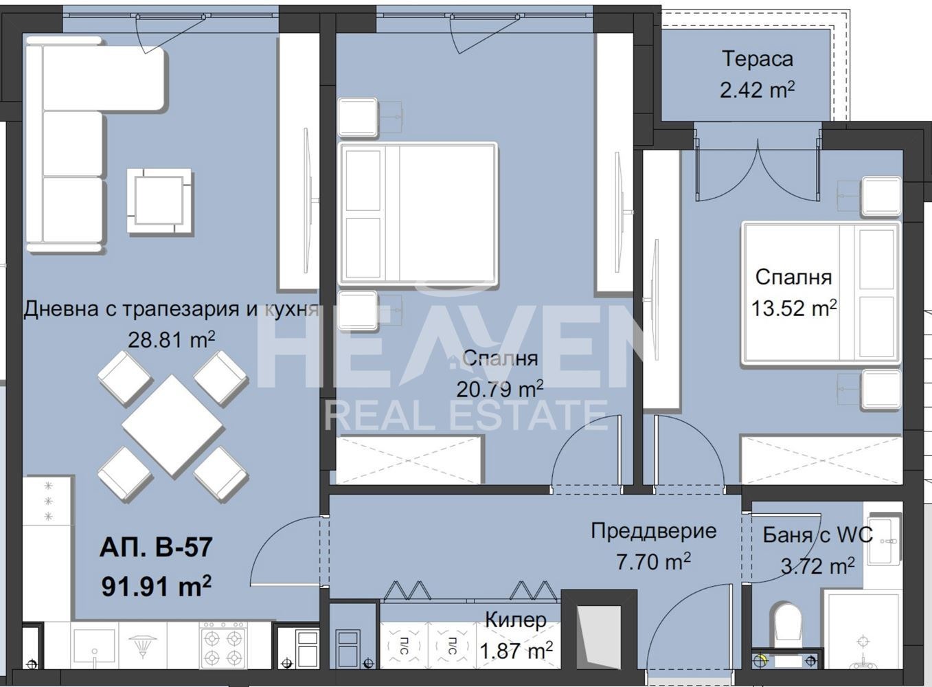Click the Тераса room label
click(x=758, y=58)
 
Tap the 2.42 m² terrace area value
click(x=758, y=90)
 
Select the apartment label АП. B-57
click(x=156, y=547)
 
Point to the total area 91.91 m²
click(x=156, y=586)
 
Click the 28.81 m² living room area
click(x=171, y=340)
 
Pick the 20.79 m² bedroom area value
click(x=500, y=390)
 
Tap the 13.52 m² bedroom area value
click(x=794, y=308)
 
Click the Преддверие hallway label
click(x=654, y=531)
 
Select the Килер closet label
click(x=516, y=620)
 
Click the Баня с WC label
click(x=817, y=535)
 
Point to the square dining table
click(x=172, y=425)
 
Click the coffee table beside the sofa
click(x=159, y=201)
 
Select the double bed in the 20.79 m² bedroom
click(x=418, y=214)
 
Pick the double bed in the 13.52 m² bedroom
click(x=821, y=294)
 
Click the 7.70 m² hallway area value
click(x=653, y=562)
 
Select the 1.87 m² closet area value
click(x=516, y=651)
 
